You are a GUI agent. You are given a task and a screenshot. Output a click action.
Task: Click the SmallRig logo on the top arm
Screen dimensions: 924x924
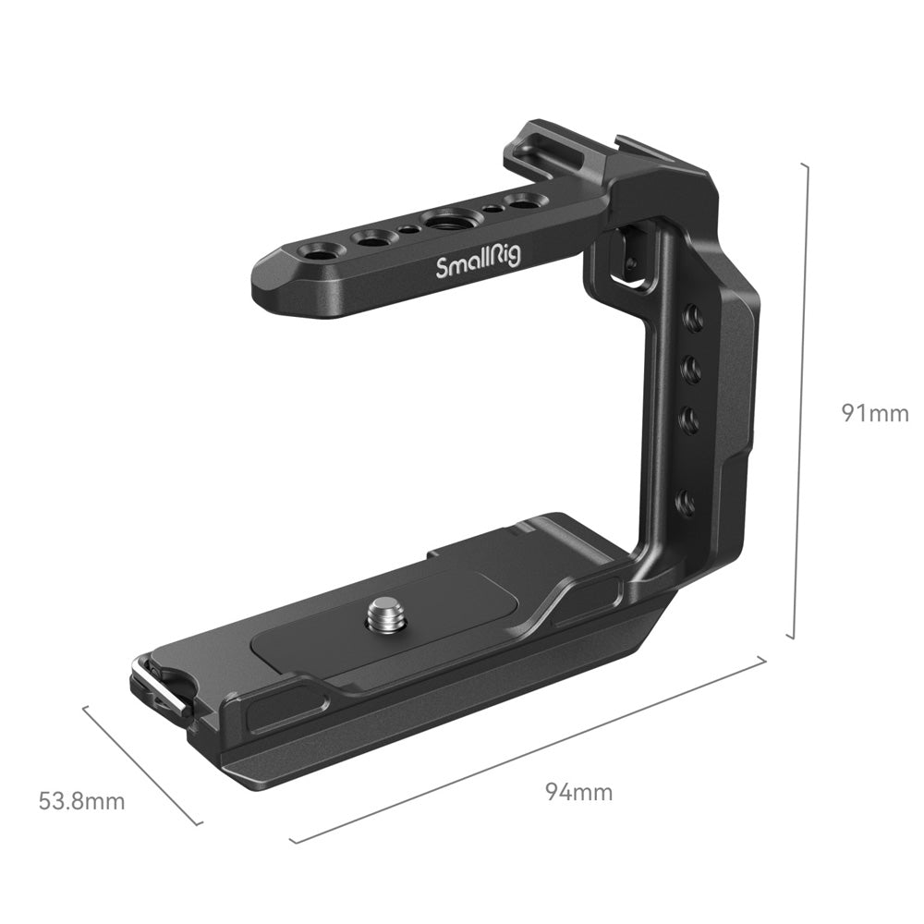(478, 264)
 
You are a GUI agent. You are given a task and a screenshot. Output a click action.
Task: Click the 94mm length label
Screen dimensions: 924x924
(578, 792)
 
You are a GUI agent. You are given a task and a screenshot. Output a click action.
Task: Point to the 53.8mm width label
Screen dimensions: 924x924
(82, 800)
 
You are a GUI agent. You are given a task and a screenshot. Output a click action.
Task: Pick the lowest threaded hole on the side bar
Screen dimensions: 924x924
(685, 502)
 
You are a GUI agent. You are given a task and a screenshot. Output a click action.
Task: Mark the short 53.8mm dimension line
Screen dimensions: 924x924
(141, 765)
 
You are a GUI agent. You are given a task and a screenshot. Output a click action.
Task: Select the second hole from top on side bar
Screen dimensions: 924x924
(688, 371)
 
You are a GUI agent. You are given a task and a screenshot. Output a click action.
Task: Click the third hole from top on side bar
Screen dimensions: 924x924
(687, 419)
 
